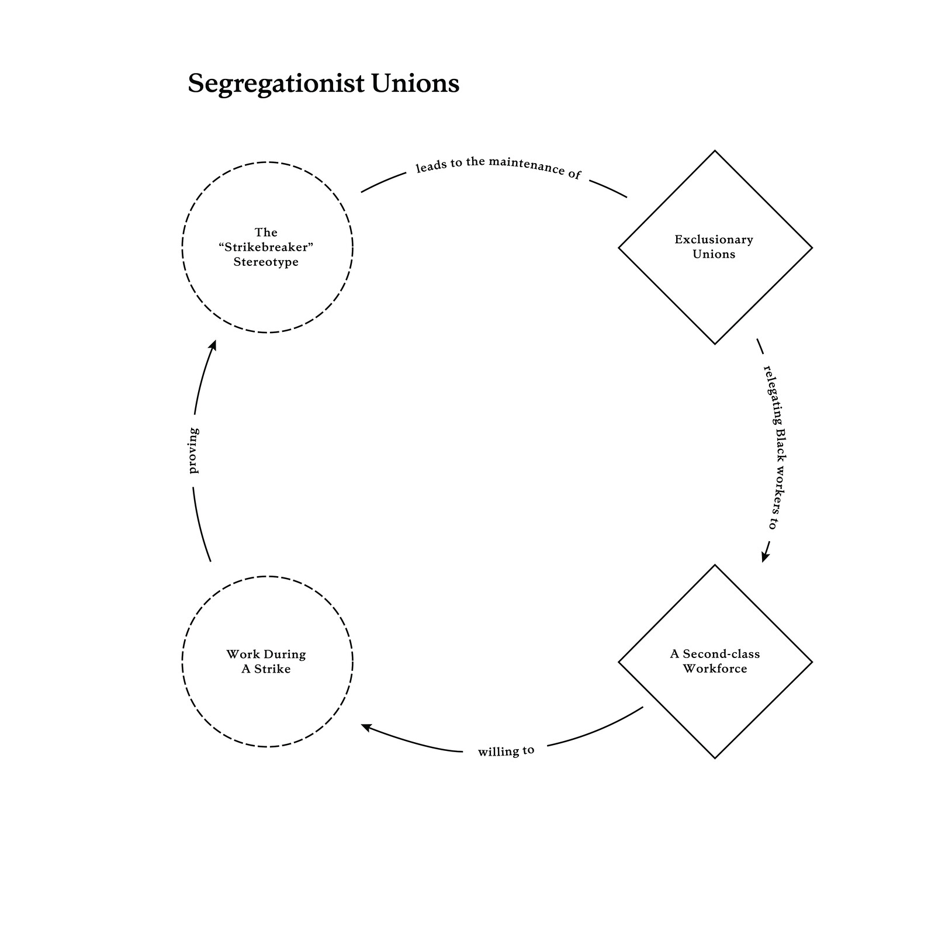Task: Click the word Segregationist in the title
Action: (276, 84)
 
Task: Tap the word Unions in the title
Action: (415, 83)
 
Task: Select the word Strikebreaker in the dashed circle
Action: (266, 247)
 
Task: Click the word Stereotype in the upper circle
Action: (266, 262)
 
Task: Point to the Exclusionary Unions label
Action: (714, 247)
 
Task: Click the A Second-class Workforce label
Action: (715, 661)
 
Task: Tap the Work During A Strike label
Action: (266, 662)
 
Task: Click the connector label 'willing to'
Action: (506, 751)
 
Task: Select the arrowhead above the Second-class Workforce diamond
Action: (765, 557)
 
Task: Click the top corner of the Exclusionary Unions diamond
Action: (715, 151)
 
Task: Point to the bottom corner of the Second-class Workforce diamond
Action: (715, 759)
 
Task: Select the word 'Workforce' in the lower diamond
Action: (715, 669)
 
